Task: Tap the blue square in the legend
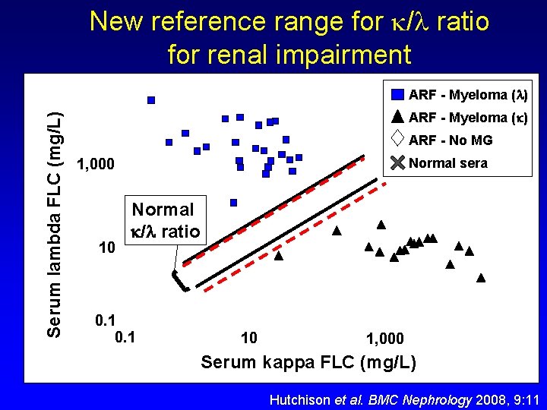click(x=397, y=95)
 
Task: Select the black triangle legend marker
click(x=397, y=117)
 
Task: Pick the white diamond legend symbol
click(x=397, y=139)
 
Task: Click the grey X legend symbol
click(x=397, y=162)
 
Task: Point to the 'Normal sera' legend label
click(x=447, y=162)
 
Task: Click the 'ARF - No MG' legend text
click(x=450, y=140)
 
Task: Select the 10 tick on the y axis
click(x=108, y=248)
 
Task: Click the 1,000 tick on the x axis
click(x=384, y=339)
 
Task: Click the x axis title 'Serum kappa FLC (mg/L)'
click(x=308, y=362)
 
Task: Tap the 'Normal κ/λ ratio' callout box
click(x=163, y=219)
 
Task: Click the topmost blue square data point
click(x=151, y=100)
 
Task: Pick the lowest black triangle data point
click(x=481, y=278)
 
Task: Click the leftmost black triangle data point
click(x=278, y=257)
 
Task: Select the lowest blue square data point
click(x=233, y=203)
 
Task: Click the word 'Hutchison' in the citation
click(x=301, y=399)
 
